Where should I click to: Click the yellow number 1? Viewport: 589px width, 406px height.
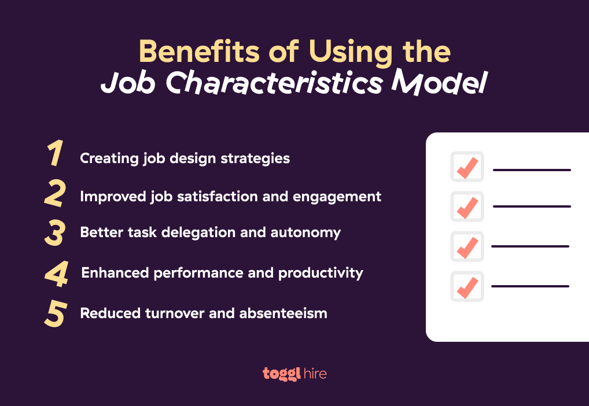pyautogui.click(x=56, y=155)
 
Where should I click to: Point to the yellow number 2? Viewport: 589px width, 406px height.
pyautogui.click(x=55, y=194)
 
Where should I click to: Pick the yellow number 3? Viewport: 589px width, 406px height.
pyautogui.click(x=55, y=232)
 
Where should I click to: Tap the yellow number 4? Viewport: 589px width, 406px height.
pyautogui.click(x=57, y=273)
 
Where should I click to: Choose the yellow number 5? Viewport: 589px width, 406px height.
pyautogui.click(x=55, y=313)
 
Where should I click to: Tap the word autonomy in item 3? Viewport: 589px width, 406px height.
pyautogui.click(x=311, y=232)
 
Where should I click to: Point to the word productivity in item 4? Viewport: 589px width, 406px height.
pyautogui.click(x=321, y=272)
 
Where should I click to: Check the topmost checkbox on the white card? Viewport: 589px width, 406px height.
pyautogui.click(x=467, y=167)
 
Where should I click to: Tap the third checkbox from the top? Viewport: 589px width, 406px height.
pyautogui.click(x=467, y=246)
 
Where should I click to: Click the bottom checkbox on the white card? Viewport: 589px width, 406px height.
pyautogui.click(x=467, y=286)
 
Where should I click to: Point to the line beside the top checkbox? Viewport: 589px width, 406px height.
pyautogui.click(x=532, y=170)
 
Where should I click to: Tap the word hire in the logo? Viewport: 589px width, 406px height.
pyautogui.click(x=315, y=374)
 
